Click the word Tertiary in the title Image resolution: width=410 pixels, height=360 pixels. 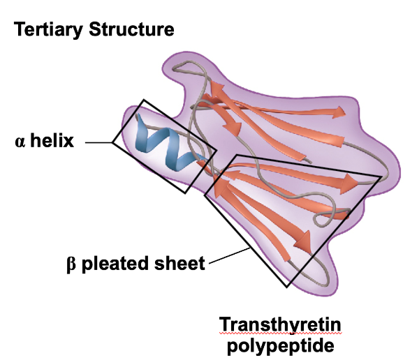pos(48,29)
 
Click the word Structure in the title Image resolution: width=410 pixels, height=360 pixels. pos(131,29)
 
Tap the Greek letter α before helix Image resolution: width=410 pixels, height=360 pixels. pos(20,142)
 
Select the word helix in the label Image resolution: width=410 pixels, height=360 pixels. pos(52,140)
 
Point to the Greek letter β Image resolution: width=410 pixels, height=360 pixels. pos(71,264)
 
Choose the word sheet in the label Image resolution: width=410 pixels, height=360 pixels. pos(180,263)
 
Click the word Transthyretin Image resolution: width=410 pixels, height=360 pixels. pos(280,324)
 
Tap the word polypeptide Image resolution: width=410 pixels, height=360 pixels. pos(281,346)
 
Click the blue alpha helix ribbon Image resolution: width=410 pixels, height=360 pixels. pos(168,144)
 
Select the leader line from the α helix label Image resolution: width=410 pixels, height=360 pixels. pos(98,142)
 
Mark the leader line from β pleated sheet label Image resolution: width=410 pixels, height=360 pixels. pos(229,255)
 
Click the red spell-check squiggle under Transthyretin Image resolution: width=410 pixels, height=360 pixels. pos(280,333)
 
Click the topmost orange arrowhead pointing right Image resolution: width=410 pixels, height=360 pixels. pos(339,112)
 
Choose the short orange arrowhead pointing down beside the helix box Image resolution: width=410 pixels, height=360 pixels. pos(232,126)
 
